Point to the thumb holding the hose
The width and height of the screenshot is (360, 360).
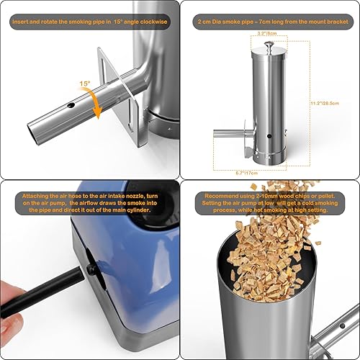click(14, 315)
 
